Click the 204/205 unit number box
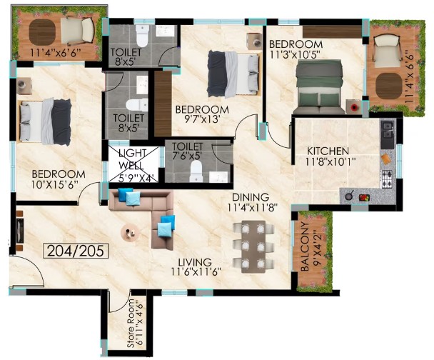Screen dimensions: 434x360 pyautogui.click(x=76, y=251)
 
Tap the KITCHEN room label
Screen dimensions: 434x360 pyautogui.click(x=328, y=151)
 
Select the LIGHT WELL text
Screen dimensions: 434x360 pyautogui.click(x=131, y=159)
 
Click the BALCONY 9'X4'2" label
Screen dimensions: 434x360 pyautogui.click(x=311, y=246)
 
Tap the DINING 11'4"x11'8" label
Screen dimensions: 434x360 pyautogui.click(x=251, y=202)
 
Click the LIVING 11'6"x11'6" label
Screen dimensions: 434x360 pyautogui.click(x=195, y=266)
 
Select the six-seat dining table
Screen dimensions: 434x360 pyautogui.click(x=253, y=246)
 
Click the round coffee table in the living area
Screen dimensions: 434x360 pyautogui.click(x=130, y=233)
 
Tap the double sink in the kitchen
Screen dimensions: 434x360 pyautogui.click(x=387, y=130)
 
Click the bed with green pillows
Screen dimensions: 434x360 pyautogui.click(x=319, y=87)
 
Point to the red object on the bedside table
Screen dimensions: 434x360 pyautogui.click(x=353, y=107)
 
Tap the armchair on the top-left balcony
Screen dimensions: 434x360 pyautogui.click(x=78, y=31)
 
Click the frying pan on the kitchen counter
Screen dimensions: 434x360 pyautogui.click(x=349, y=196)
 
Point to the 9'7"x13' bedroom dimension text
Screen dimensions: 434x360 pyautogui.click(x=202, y=119)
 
